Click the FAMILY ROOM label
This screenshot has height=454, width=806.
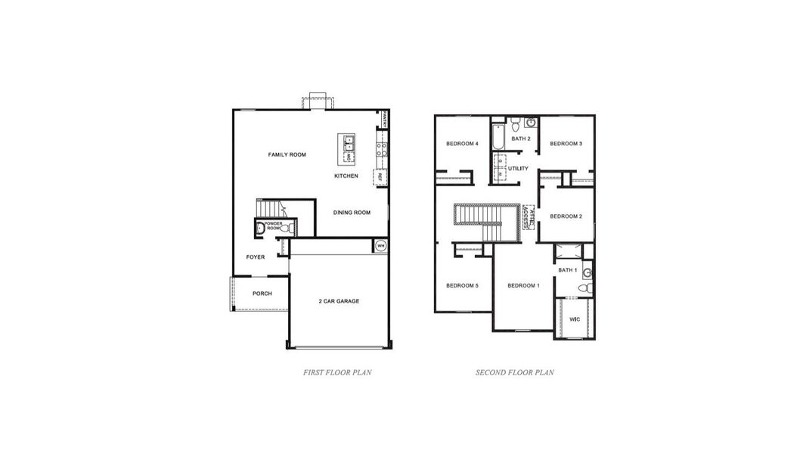coord(287,154)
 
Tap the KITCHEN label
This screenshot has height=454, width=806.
coord(346,176)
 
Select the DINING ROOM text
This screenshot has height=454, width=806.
coord(352,213)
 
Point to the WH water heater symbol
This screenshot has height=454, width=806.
coord(380,246)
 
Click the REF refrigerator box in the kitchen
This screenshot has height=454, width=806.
coord(380,177)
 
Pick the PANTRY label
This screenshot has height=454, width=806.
coord(385,119)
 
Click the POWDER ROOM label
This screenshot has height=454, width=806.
coord(273,225)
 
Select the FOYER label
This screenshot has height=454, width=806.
coord(256,257)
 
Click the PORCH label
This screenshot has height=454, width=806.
coord(262,294)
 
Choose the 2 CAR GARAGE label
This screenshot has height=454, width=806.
coord(338,301)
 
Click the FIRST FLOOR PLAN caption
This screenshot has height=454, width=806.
coord(337,372)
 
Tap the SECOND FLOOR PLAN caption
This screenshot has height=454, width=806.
coord(514,372)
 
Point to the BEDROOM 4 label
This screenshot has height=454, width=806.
coord(462,144)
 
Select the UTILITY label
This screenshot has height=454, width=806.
coord(518,169)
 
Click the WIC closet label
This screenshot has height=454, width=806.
coord(574,319)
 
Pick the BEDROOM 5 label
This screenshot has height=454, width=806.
coord(462,285)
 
